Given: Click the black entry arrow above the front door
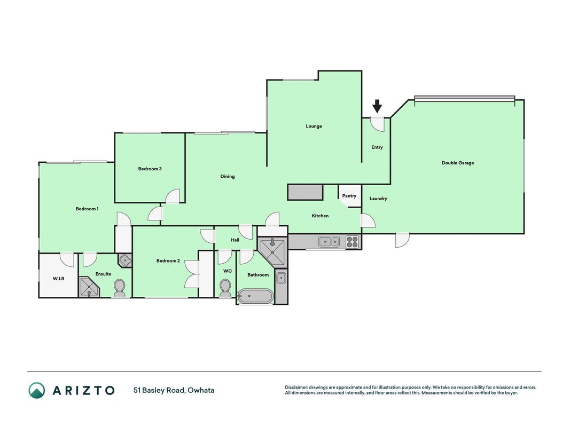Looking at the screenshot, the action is pyautogui.click(x=377, y=106).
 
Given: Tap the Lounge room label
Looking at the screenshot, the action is pyautogui.click(x=314, y=126).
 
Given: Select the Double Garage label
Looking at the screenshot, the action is pyautogui.click(x=458, y=163).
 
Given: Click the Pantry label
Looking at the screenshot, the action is pyautogui.click(x=349, y=196).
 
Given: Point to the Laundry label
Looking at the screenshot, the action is pyautogui.click(x=378, y=199).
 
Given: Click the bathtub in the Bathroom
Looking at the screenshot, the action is pyautogui.click(x=255, y=296).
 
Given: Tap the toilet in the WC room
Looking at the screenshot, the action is pyautogui.click(x=225, y=288).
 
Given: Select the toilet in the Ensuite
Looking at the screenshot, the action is pyautogui.click(x=119, y=289).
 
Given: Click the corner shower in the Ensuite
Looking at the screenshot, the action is pyautogui.click(x=89, y=287).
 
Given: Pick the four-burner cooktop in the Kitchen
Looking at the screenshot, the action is pyautogui.click(x=352, y=242).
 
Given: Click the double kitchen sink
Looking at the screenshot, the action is pyautogui.click(x=329, y=241).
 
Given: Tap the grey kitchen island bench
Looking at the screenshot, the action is pyautogui.click(x=306, y=192).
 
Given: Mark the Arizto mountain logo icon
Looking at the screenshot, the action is pyautogui.click(x=37, y=390).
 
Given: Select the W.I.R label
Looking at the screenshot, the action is pyautogui.click(x=59, y=279).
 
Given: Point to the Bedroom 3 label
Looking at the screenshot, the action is pyautogui.click(x=150, y=169).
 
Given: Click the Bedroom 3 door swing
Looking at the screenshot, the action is pyautogui.click(x=173, y=196).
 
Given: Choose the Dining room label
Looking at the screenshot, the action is pyautogui.click(x=228, y=177).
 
